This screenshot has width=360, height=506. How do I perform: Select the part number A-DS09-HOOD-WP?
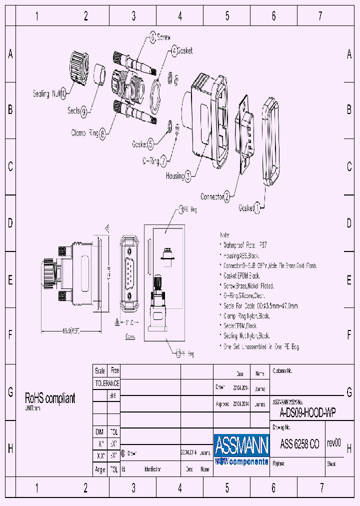coord(307,413)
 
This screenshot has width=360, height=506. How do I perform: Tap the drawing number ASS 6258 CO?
coord(299,443)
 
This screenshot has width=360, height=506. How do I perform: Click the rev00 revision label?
coord(333,443)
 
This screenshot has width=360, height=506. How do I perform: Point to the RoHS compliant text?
coord(50,398)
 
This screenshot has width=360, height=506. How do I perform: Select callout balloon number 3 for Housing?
coord(188,175)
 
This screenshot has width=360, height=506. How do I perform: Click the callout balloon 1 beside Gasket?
coord(257,207)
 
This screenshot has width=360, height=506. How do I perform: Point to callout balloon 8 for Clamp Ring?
coord(102,133)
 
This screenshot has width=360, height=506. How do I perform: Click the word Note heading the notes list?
coord(225,234)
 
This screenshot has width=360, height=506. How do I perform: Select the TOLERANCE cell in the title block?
coord(107,383)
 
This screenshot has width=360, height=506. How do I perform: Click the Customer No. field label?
coord(282,371)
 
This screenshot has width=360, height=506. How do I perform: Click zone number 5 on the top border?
coord(227,16)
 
